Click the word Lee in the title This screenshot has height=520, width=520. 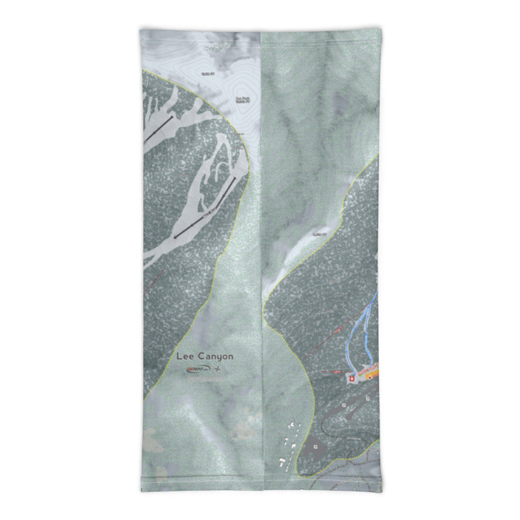point(187,356)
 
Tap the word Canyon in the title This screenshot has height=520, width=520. point(216,356)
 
